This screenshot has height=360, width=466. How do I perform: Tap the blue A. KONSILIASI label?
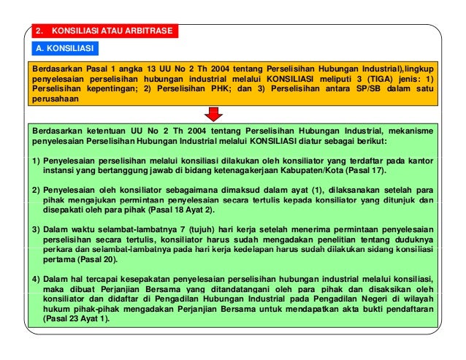point(66,48)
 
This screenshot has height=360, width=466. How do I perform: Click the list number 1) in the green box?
point(36,158)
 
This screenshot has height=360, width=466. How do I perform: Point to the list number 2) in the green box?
point(36,188)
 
